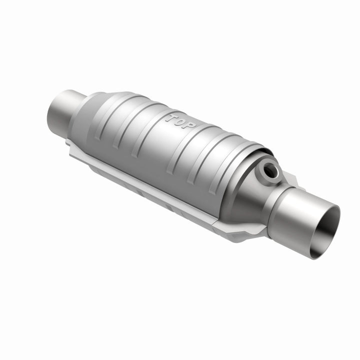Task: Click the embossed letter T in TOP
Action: [172, 119]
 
